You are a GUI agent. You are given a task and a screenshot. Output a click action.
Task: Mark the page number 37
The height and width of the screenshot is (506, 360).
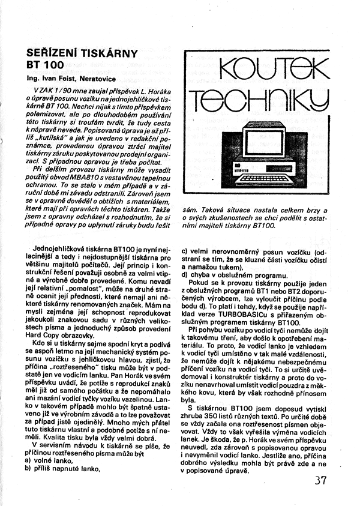pyautogui.click(x=320, y=480)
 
